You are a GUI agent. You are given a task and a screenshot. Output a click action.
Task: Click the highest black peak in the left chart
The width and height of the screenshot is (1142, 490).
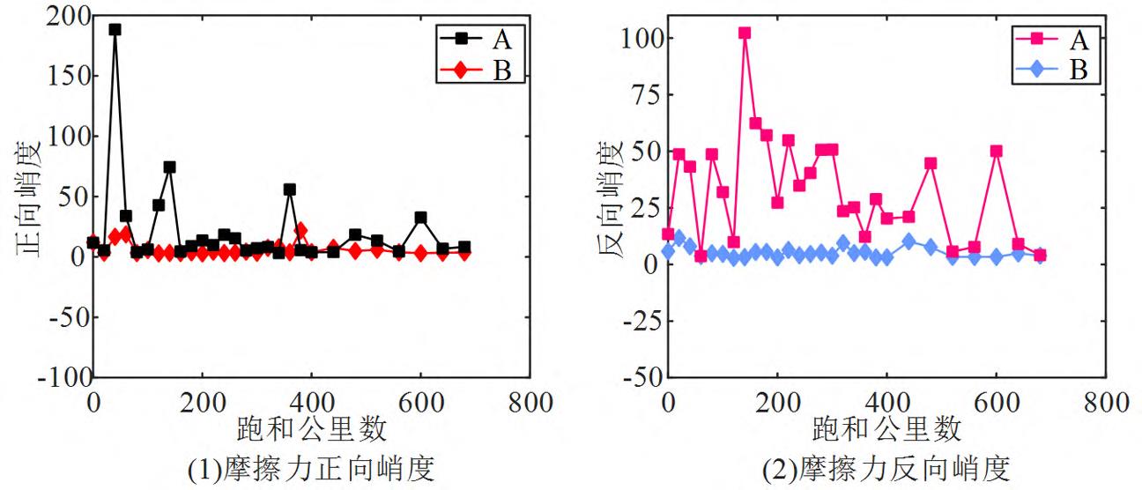115,29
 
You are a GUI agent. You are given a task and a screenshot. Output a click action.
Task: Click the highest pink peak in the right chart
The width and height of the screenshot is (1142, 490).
745,33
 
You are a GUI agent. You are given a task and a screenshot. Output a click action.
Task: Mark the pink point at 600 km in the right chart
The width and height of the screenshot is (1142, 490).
996,151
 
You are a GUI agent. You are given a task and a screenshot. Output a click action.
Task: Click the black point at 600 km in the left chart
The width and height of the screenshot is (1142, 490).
420,217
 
